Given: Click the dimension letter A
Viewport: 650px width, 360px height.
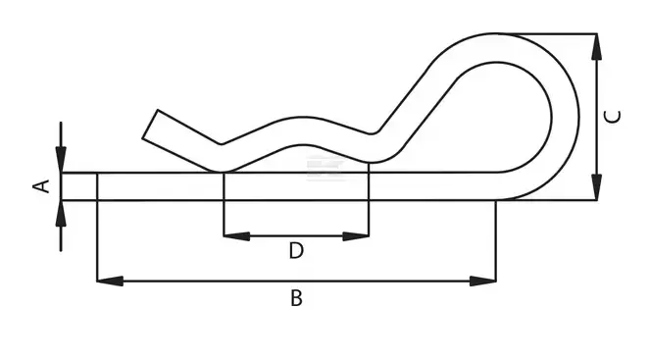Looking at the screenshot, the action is point(41,186).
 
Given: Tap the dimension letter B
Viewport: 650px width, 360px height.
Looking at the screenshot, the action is point(296,298).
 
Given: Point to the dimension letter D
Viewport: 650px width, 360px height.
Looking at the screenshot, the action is point(296,250).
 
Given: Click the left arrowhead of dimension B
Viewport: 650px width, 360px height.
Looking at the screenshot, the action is point(110,281).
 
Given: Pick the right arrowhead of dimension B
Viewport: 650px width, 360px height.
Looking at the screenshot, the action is point(483,281).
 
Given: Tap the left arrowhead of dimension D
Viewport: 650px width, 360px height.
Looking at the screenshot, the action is point(236,236).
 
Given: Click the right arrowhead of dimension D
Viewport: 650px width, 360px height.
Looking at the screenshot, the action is point(356,236).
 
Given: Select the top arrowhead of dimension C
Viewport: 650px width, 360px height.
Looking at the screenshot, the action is point(596,46).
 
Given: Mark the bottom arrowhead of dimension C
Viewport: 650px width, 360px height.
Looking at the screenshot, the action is point(596,187).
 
